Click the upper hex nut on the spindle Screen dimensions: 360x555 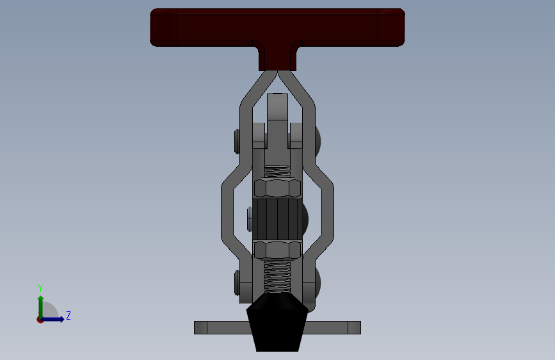(x=277, y=188)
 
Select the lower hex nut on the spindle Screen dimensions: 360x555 (x=277, y=249)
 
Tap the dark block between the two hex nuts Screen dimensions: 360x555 (x=277, y=218)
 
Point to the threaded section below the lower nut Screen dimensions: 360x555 (x=277, y=275)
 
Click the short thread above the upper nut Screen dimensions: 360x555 (x=277, y=172)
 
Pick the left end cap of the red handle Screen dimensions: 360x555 (x=164, y=27)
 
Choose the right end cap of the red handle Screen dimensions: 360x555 (x=390, y=27)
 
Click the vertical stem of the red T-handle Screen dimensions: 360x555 (x=278, y=58)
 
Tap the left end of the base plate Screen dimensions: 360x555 (x=201, y=327)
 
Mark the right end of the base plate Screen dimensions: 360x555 (x=354, y=327)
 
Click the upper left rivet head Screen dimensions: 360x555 (x=237, y=142)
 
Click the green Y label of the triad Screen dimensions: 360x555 (x=40, y=288)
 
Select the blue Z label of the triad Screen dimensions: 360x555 (x=68, y=315)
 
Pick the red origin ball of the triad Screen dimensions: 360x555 (x=40, y=319)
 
